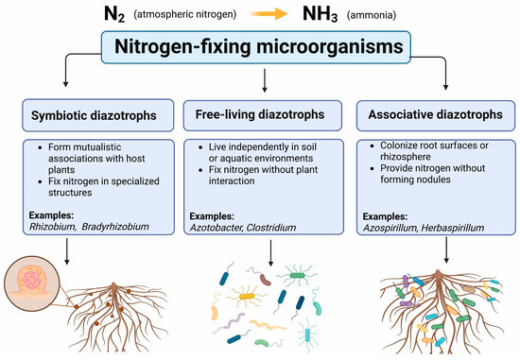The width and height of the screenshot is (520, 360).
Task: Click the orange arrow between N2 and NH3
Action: tap(269, 13)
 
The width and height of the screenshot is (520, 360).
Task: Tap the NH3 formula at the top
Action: tap(320, 14)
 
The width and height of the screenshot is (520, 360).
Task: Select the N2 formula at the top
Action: tap(114, 14)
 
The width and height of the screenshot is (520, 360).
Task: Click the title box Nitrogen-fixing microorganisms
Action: tap(256, 47)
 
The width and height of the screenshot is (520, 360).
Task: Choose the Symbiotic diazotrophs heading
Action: tap(94, 115)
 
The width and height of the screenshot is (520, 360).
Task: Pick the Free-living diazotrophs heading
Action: tap(260, 114)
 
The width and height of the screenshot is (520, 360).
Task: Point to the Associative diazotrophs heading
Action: tap(436, 114)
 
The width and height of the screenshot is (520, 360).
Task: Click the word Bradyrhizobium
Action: tap(115, 227)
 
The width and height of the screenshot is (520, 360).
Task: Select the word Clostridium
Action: tap(271, 228)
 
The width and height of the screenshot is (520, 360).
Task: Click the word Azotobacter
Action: tap(217, 228)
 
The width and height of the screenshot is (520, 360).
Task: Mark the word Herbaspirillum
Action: tap(452, 228)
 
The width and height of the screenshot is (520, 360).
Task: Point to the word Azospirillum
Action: tap(390, 228)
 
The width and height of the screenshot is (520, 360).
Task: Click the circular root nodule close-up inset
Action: tap(31, 283)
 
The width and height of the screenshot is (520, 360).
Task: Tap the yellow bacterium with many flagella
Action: tap(247, 296)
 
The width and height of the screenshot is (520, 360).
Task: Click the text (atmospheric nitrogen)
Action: tap(184, 14)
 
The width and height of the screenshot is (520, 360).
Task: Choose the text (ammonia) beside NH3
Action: tap(372, 15)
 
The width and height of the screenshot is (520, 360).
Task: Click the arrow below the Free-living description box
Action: tap(270, 253)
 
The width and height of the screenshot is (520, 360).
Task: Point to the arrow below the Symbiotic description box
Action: tap(67, 251)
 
